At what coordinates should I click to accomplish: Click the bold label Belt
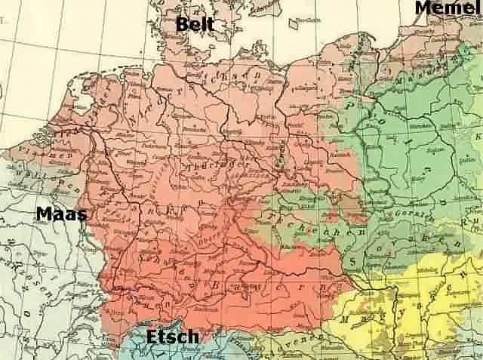click(x=195, y=25)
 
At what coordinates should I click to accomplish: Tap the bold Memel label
click(x=447, y=8)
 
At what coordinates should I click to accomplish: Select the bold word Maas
click(x=61, y=214)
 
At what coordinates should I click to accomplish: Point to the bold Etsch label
click(x=173, y=337)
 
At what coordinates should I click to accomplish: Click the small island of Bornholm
click(x=293, y=23)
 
